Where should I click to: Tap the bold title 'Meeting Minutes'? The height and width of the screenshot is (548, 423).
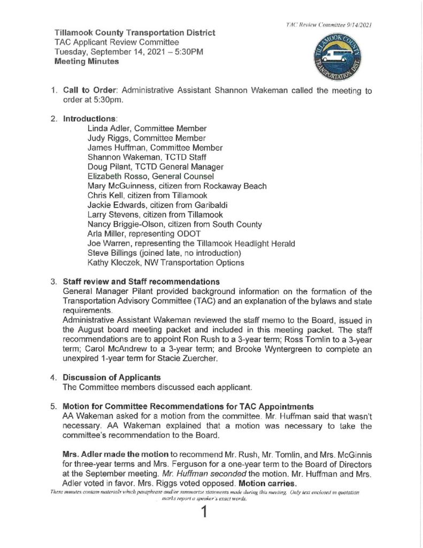pyautogui.click(x=88, y=62)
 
